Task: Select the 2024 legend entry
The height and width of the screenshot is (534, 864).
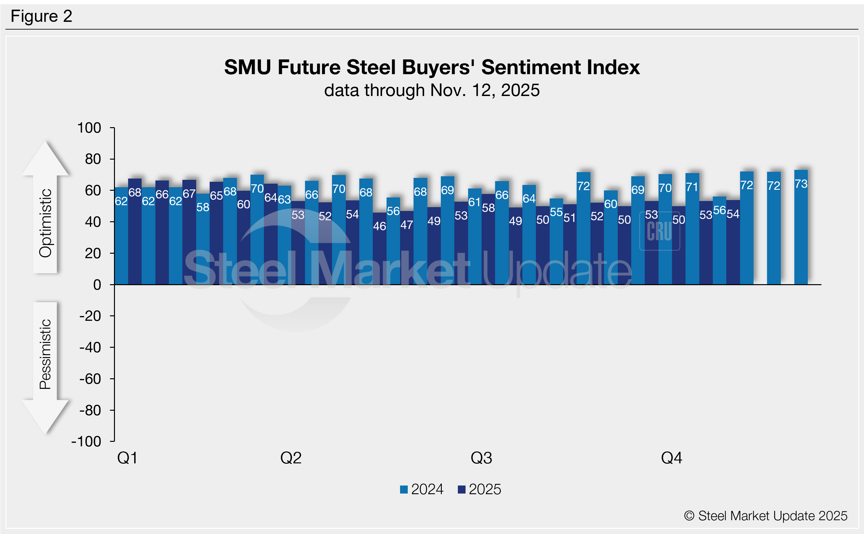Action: (x=422, y=489)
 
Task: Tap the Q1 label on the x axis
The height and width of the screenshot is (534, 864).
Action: (x=127, y=458)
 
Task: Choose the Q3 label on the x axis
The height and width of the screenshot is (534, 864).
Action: (x=481, y=458)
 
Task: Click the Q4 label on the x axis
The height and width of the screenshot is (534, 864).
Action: (x=672, y=458)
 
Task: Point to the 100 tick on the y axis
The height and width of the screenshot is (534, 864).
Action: (x=89, y=128)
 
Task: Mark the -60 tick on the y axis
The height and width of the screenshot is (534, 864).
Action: (x=90, y=379)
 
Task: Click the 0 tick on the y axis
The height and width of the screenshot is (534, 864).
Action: (x=97, y=285)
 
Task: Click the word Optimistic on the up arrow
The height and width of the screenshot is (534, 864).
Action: (x=46, y=223)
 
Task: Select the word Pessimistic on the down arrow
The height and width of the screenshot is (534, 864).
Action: (x=46, y=354)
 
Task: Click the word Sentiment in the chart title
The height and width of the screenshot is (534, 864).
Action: (x=531, y=67)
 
